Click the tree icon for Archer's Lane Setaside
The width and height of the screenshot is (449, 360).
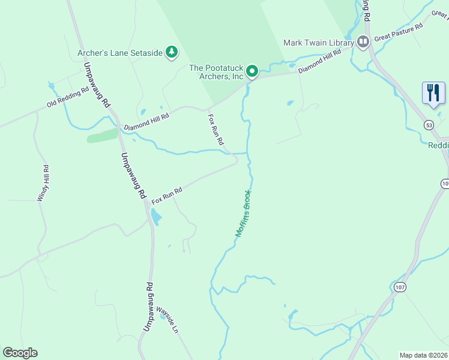coord(172,53)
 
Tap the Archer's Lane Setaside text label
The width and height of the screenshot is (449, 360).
coord(120,53)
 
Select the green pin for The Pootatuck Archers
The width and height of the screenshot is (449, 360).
coord(253,71)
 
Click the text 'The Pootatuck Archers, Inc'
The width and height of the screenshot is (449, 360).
coord(217,72)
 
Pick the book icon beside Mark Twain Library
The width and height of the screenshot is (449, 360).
coord(363,42)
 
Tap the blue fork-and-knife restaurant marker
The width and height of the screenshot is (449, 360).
coord(433,93)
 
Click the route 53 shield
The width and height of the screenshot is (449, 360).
coord(428,125)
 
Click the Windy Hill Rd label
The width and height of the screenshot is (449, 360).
coord(43,183)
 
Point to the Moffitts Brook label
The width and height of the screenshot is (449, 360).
coord(243,214)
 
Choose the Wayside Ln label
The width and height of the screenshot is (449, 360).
coord(167,321)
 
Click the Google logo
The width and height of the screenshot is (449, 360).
coord(20,353)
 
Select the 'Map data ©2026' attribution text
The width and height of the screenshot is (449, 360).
coord(423,355)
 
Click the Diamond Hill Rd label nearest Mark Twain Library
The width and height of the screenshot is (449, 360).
coord(319,61)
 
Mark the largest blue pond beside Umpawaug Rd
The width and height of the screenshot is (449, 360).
coord(155,217)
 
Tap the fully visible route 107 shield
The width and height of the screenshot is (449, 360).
coord(400,287)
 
